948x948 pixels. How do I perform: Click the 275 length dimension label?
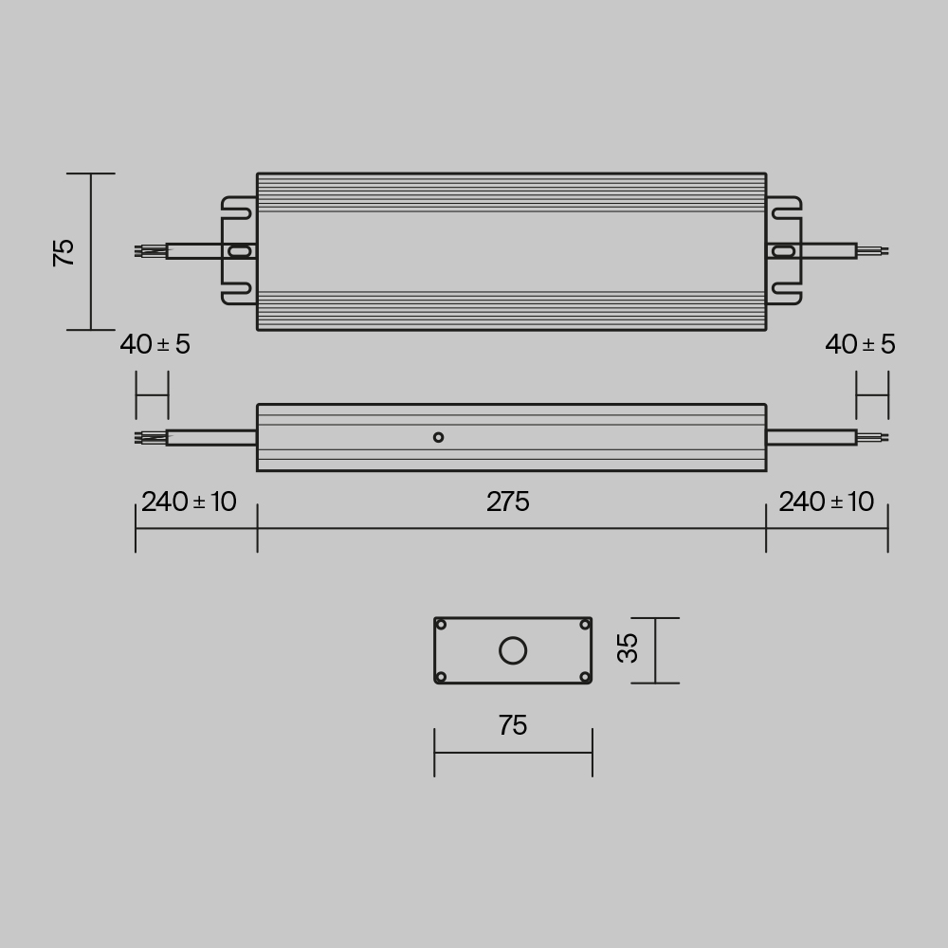(508, 502)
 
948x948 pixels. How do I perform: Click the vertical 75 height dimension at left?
(64, 252)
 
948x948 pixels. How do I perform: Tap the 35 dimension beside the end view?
(628, 648)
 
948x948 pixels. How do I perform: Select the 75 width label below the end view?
(512, 726)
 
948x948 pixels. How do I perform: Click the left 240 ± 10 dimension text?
(189, 502)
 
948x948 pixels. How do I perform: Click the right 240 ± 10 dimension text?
(827, 502)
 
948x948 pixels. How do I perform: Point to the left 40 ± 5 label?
(155, 345)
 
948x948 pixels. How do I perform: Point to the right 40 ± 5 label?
(860, 345)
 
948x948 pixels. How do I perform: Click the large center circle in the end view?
(513, 650)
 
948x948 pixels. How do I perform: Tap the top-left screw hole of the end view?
(441, 625)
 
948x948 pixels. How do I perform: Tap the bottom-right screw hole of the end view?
(585, 677)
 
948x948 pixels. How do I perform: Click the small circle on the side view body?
(438, 437)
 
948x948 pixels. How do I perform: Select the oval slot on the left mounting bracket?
(241, 251)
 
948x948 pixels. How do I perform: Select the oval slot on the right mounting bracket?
(782, 251)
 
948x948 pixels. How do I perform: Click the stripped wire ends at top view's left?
(151, 251)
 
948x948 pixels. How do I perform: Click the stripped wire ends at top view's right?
(872, 251)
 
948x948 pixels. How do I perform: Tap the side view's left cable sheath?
(211, 437)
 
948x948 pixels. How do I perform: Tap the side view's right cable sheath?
(811, 437)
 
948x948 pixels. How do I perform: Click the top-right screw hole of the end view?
(585, 625)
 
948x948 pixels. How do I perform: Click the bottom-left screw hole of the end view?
(441, 677)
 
